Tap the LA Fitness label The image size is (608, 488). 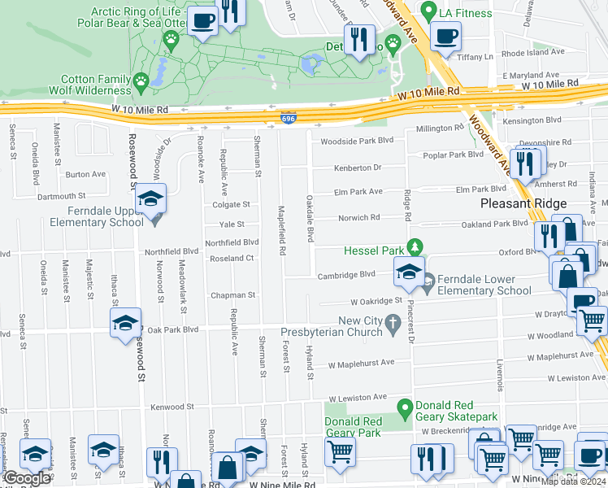click(x=465, y=13)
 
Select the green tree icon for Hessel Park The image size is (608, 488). click(x=415, y=246)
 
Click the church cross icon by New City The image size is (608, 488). click(x=393, y=323)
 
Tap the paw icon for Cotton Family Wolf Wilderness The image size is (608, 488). click(x=142, y=81)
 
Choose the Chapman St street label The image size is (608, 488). click(x=233, y=295)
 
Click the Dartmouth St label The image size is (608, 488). click(x=61, y=196)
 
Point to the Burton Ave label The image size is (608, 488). click(x=85, y=174)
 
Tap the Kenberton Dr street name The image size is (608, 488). click(x=357, y=168)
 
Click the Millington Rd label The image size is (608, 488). click(x=440, y=129)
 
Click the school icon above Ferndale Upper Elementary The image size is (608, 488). click(x=150, y=199)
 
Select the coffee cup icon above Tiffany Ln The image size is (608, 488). click(x=445, y=36)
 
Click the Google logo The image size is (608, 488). click(x=26, y=478)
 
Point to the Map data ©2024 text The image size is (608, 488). click(x=573, y=481)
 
